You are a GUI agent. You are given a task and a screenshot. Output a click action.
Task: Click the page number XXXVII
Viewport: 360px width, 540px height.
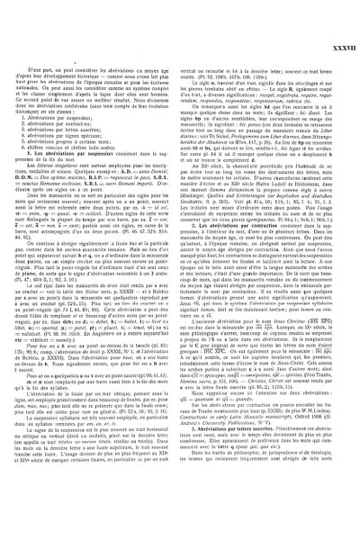[x=343, y=11]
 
